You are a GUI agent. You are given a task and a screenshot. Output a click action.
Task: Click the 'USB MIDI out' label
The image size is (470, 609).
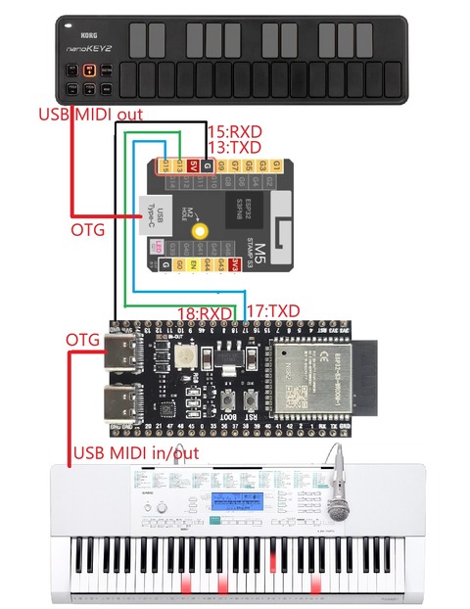[90, 115]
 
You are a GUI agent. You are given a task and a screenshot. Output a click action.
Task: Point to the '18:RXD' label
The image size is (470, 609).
[205, 313]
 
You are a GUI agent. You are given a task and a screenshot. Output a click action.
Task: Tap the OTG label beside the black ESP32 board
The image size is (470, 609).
[83, 340]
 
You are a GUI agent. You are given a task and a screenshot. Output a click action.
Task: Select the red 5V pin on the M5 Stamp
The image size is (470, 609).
[194, 167]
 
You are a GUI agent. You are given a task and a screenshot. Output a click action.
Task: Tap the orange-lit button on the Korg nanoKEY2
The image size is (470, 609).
[89, 70]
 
